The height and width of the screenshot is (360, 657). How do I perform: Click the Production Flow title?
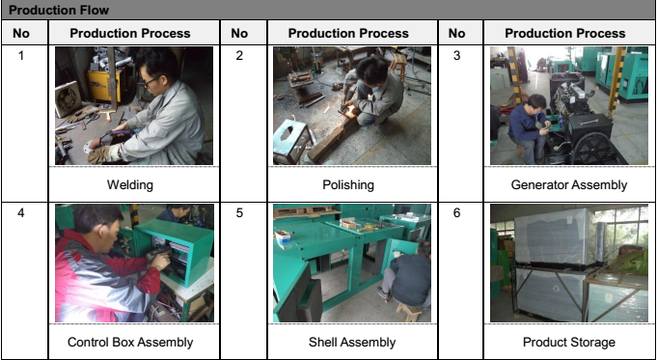[59, 10]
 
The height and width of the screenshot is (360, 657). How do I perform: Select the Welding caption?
[130, 184]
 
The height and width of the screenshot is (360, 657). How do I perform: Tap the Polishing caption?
[348, 184]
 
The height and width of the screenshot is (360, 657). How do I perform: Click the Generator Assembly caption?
[569, 184]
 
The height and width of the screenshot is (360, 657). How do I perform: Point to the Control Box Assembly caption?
[130, 343]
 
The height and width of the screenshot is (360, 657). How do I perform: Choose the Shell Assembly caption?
[352, 343]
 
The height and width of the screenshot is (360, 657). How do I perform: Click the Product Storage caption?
[569, 343]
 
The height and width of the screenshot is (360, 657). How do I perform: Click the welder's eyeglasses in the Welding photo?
[151, 80]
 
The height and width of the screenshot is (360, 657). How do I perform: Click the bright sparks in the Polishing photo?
[349, 112]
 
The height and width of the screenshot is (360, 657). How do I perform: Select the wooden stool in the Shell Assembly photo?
[408, 312]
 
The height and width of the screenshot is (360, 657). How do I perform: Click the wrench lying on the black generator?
[587, 122]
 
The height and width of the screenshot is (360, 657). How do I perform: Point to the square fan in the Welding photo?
[68, 98]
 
